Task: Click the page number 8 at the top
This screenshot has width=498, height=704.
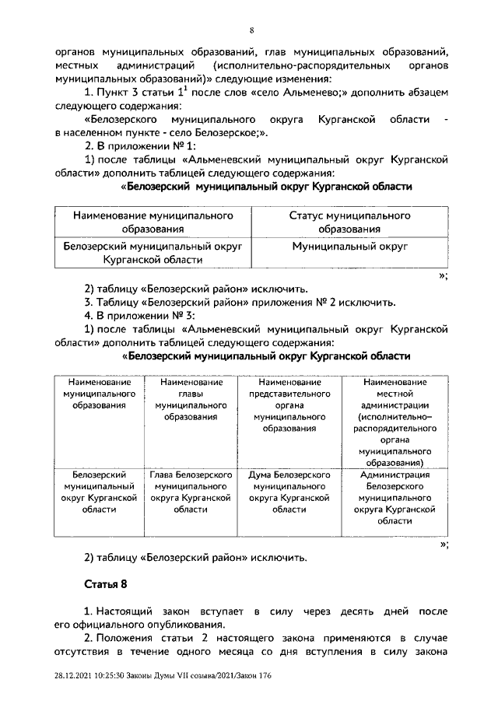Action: pos(251,30)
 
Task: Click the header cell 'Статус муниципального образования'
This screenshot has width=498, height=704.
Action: pos(349,222)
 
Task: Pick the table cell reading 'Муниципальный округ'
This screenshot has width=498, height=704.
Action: pos(349,247)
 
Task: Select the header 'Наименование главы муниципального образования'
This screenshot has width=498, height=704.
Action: pos(191,399)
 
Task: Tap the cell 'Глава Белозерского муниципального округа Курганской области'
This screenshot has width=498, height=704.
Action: pos(191,491)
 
